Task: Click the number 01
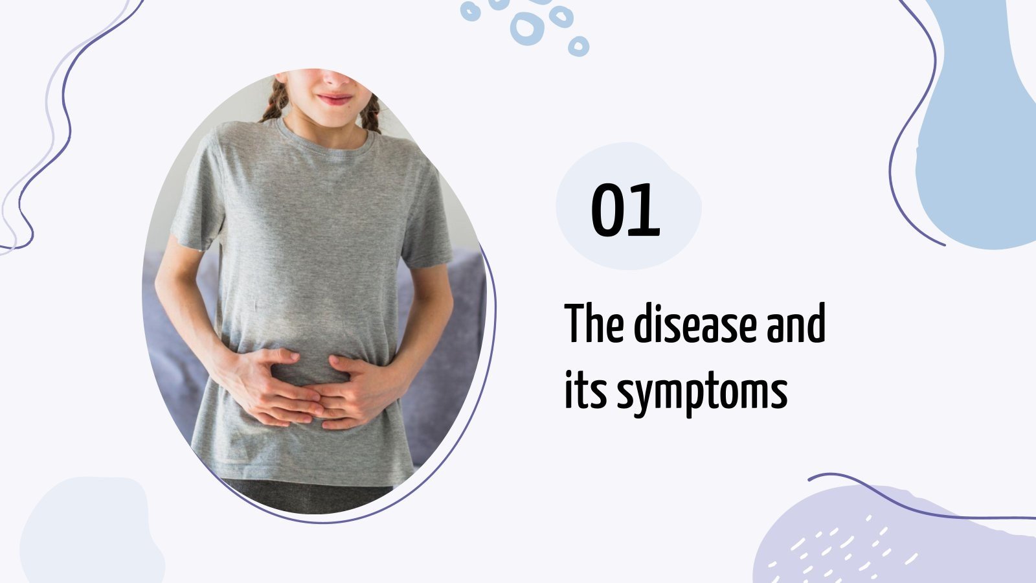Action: [x=625, y=210]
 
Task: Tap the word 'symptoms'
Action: [x=702, y=393]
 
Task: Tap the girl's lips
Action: [x=335, y=99]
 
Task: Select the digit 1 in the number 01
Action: [x=646, y=210]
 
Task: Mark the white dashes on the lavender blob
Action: [x=842, y=547]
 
